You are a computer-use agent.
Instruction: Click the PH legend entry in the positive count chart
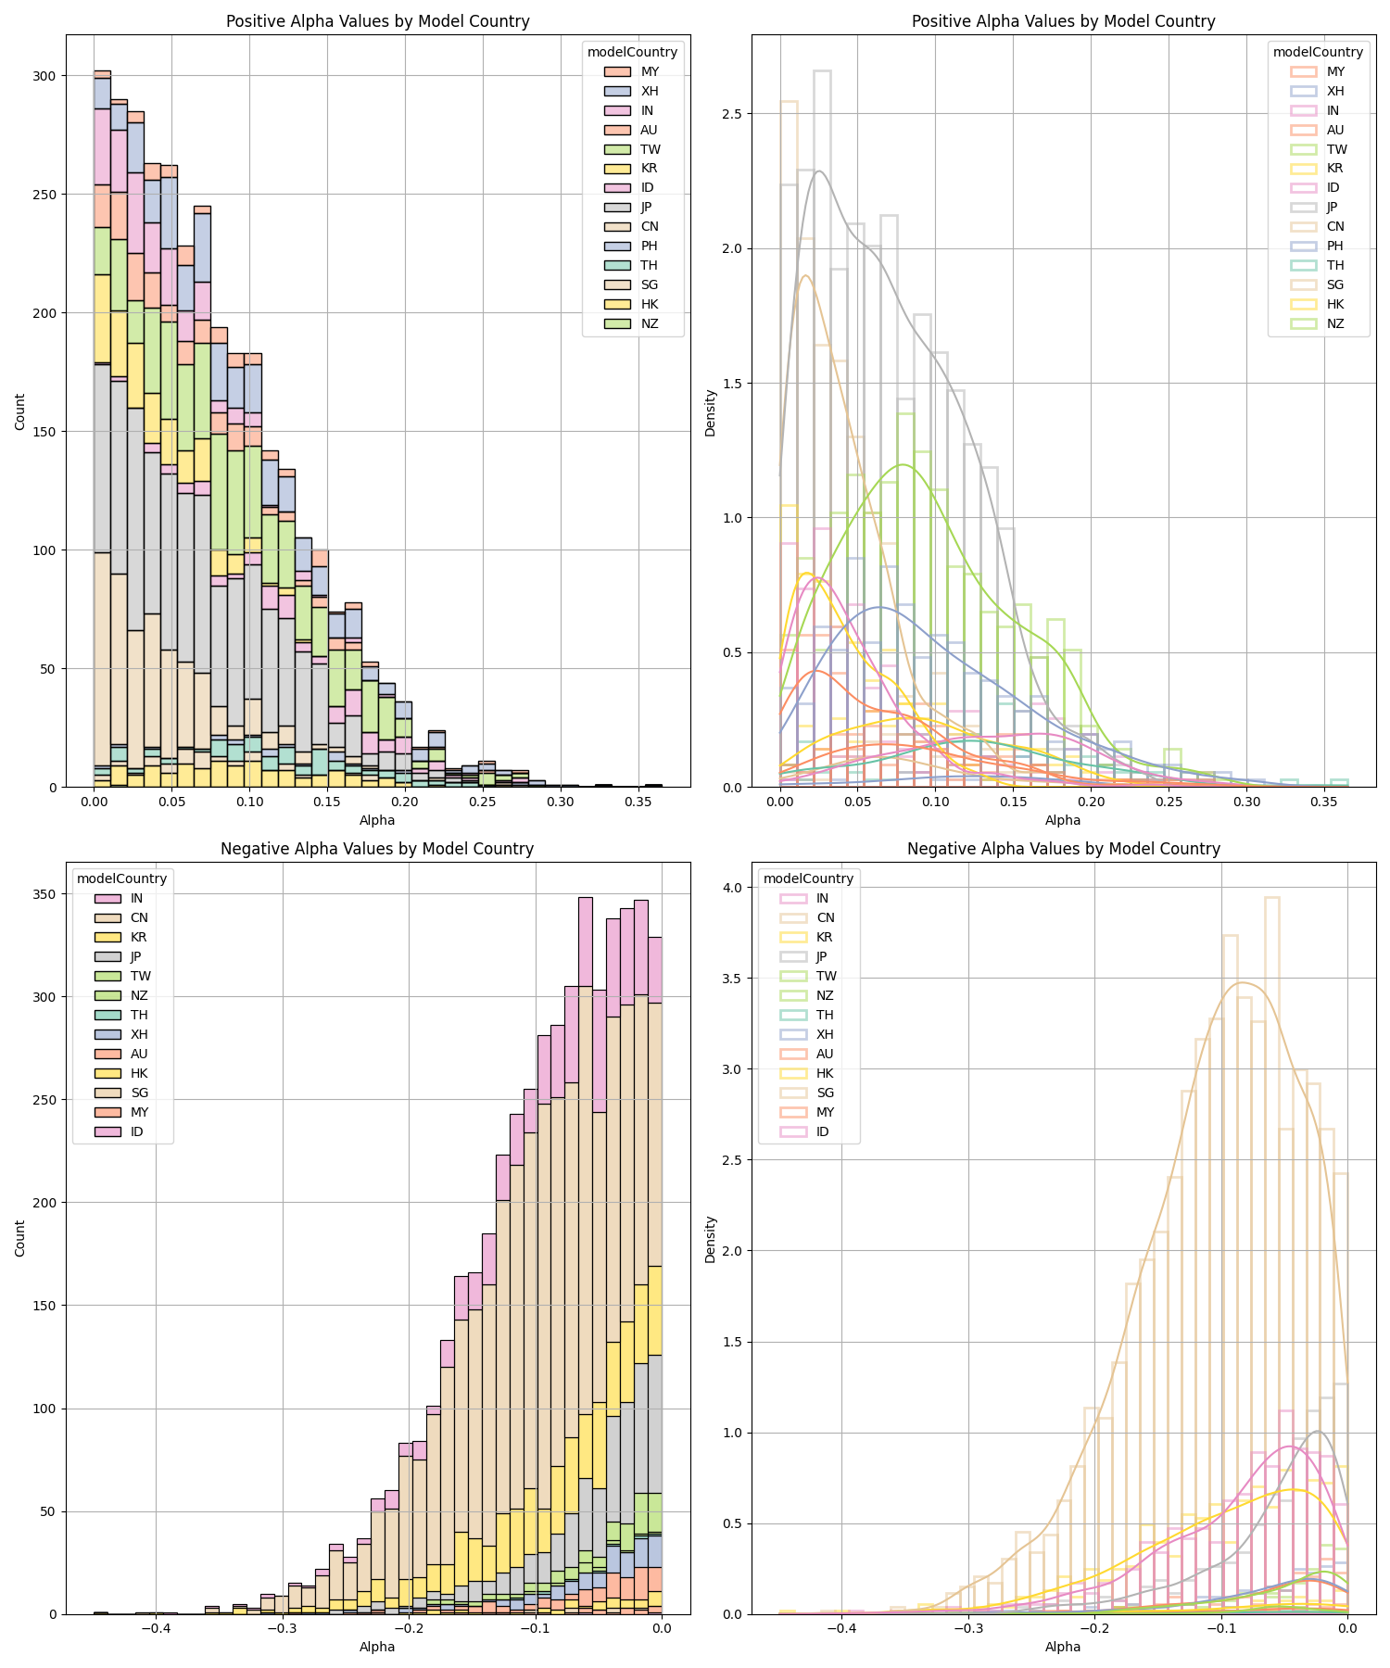tap(649, 246)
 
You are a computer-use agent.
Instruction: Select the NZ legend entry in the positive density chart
tap(1334, 324)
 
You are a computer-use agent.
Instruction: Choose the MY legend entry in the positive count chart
tap(649, 71)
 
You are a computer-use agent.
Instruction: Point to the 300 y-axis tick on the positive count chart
tap(44, 76)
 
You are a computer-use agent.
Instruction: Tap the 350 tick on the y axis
tap(44, 894)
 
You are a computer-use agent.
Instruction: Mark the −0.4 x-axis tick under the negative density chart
tap(841, 1628)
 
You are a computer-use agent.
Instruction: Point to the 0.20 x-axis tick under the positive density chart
tap(1093, 801)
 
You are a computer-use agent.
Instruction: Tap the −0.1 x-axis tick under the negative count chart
tap(535, 1628)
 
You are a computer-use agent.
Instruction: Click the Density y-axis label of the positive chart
tap(710, 412)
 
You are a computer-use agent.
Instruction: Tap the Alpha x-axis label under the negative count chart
tap(377, 1647)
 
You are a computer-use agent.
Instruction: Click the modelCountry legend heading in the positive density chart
tap(1318, 52)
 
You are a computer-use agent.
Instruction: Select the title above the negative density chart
tap(1063, 849)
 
